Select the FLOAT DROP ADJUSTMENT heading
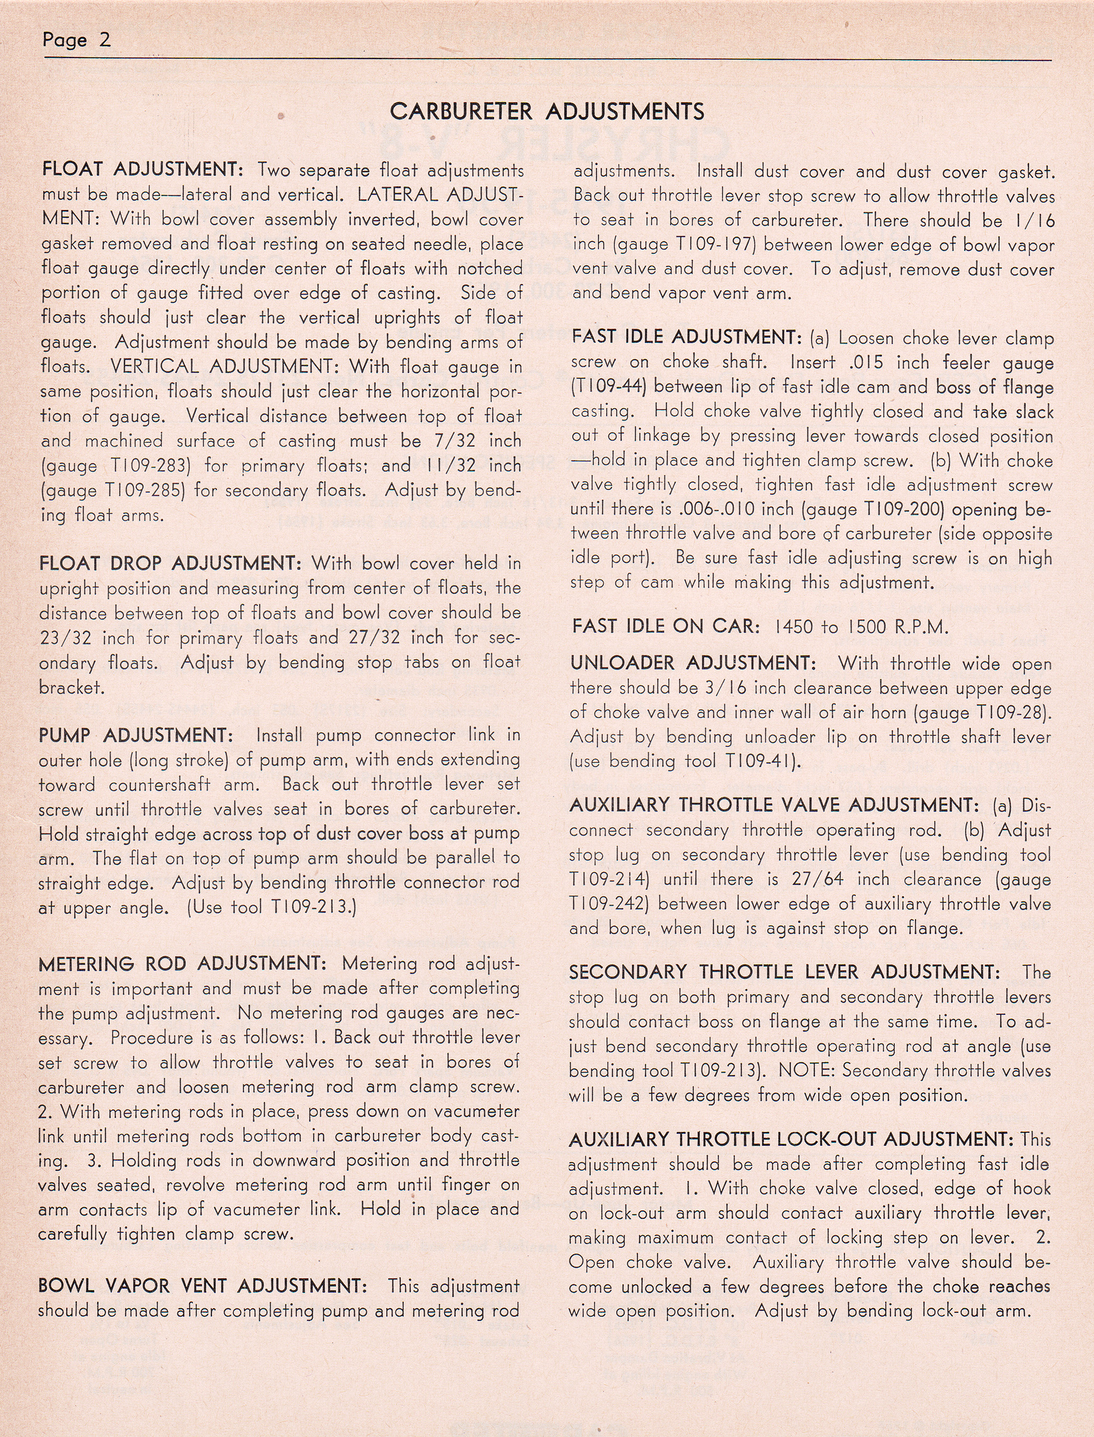(x=170, y=563)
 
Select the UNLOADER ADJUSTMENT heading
(x=693, y=663)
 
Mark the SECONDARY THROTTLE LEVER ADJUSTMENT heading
(x=784, y=973)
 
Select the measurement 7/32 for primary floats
(x=455, y=441)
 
